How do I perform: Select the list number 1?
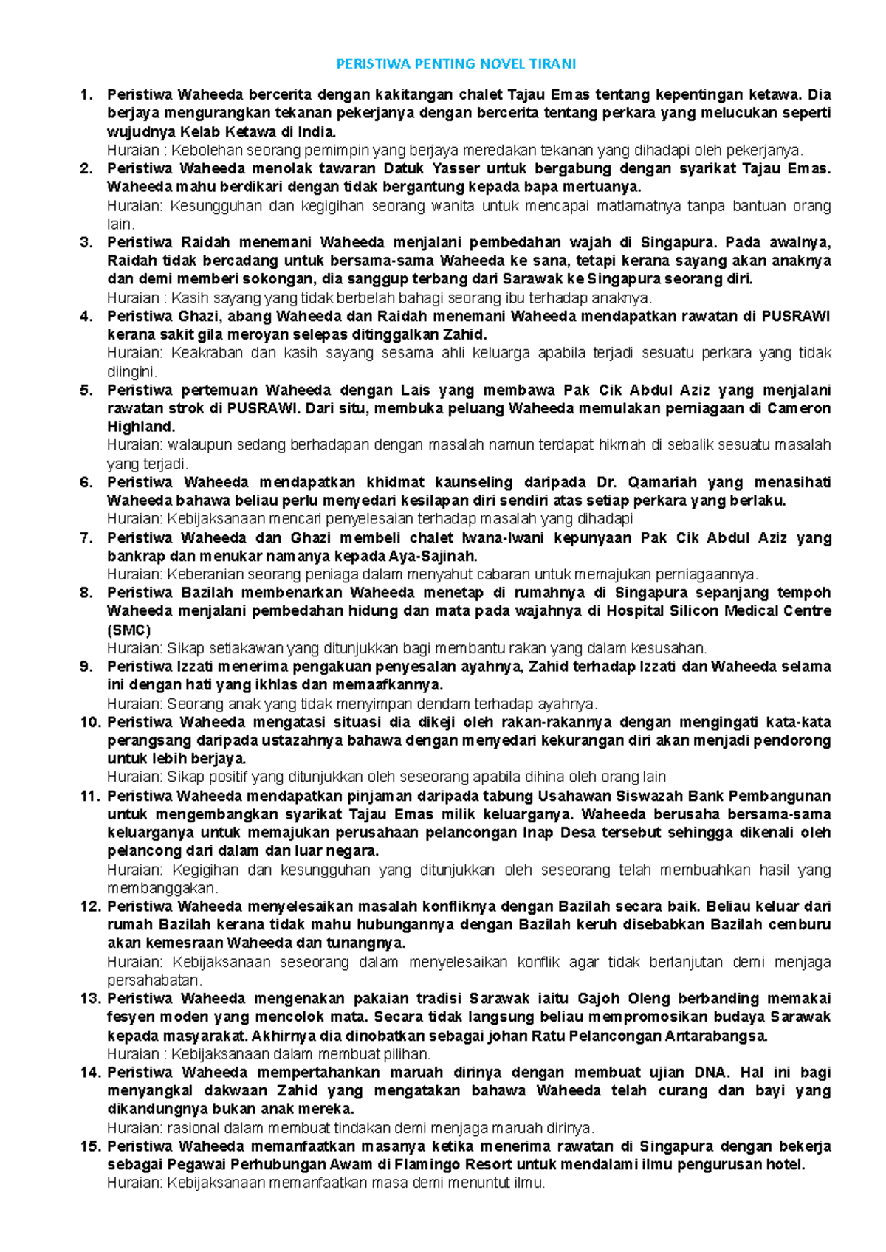coord(86,94)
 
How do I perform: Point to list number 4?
coord(86,317)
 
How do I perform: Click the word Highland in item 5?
coord(140,427)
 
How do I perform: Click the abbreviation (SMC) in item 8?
coord(128,630)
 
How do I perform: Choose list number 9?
coord(86,667)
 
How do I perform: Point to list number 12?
coord(89,907)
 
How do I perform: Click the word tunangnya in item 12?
coord(366,943)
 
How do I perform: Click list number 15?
coord(89,1146)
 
